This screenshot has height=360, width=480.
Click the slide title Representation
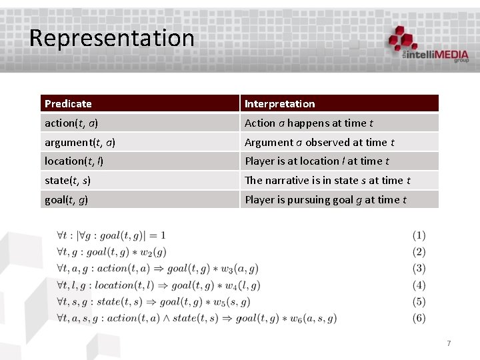[x=111, y=38]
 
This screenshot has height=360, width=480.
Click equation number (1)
[x=419, y=235]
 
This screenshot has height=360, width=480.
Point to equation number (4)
[x=419, y=285]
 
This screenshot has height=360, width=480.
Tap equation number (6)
[x=419, y=318]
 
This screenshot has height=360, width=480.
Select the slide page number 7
[x=449, y=343]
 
